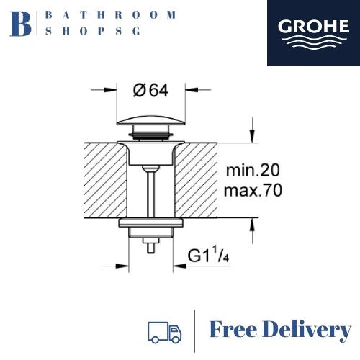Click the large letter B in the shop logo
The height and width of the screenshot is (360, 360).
tap(22, 23)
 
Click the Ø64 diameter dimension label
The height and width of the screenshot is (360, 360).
tap(151, 91)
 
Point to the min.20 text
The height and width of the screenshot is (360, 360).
tap(253, 171)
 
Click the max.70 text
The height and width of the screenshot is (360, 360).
tap(253, 191)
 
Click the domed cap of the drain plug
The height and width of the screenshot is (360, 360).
tap(151, 120)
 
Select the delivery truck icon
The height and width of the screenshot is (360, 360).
tap(163, 331)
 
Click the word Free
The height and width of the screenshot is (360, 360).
tap(238, 331)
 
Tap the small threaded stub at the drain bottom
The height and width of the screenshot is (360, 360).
tap(151, 246)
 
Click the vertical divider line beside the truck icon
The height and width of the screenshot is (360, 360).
tap(196, 331)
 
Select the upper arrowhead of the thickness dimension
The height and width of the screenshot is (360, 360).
tap(251, 137)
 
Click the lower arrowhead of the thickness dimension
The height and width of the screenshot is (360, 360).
tap(251, 227)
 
